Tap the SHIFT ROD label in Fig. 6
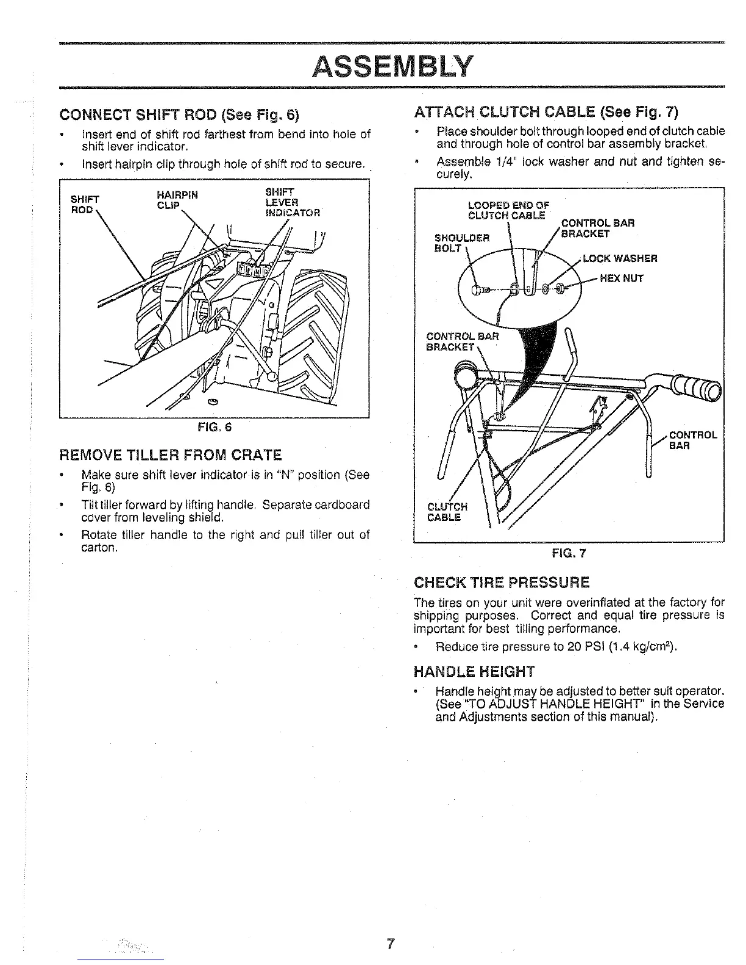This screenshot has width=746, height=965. pos(84,204)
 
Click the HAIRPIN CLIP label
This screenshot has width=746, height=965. pos(177,200)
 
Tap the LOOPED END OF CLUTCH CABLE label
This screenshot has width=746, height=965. pos(508,210)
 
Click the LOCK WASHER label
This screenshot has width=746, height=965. pos(620,258)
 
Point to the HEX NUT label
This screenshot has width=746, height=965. pos(622,279)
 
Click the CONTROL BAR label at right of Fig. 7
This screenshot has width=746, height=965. pos(693,440)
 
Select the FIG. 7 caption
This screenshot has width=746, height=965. pos(568,553)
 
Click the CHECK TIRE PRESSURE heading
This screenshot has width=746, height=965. pos(502,582)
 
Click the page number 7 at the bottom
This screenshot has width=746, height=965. pos(391,945)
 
